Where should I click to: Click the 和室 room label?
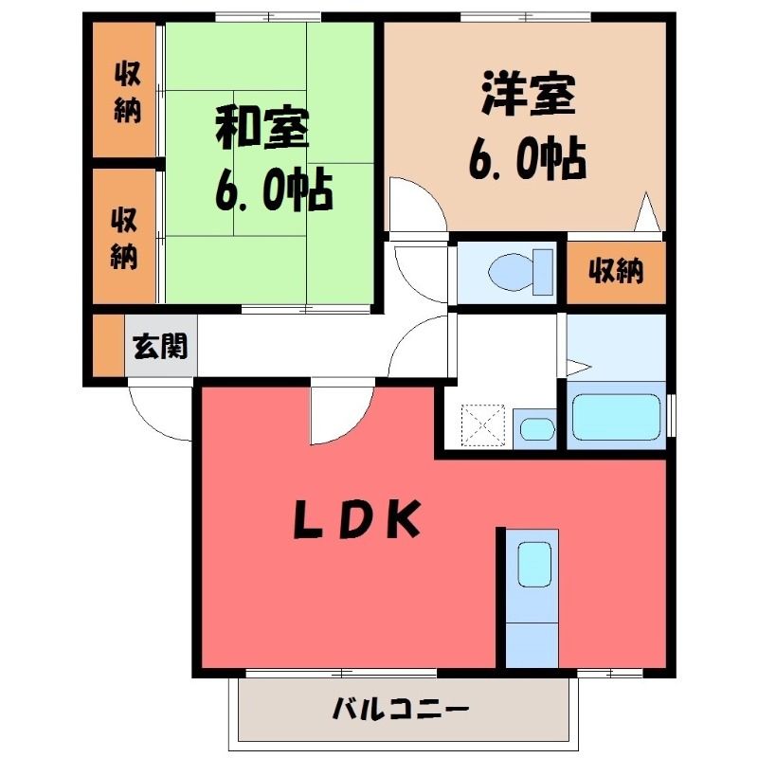pos(262,129)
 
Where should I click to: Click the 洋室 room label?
pos(528,94)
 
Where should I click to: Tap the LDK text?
pos(357,519)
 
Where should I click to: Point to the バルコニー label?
pos(400,709)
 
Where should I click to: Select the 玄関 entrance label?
pos(160,346)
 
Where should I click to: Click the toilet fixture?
pos(520,272)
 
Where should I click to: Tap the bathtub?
pos(616,417)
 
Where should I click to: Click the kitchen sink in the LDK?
pos(534,564)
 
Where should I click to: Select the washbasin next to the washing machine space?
pos(537,429)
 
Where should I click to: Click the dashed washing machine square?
pos(483,424)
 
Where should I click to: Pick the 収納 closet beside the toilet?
pos(616,272)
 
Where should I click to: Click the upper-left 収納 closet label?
pos(128,92)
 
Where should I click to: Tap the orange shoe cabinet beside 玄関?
pos(109,345)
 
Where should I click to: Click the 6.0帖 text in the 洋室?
pos(528,160)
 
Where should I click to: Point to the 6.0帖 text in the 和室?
pos(274,190)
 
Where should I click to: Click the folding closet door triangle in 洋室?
pos(647,211)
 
